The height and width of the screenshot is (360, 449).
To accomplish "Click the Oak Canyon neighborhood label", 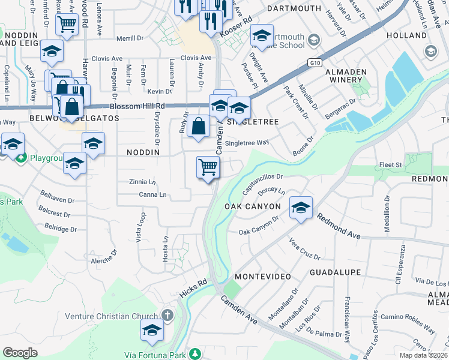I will coord(253,206).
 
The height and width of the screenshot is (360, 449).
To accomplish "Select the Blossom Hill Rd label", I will coord(130,106).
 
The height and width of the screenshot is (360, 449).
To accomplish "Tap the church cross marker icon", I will coord(167,315).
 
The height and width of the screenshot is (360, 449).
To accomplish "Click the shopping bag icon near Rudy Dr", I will coord(198,127).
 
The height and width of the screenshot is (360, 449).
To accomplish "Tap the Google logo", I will coord(20,353).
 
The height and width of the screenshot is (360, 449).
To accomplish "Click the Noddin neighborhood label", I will coord(143,152).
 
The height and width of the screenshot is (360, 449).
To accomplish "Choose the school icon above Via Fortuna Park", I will coord(152,330).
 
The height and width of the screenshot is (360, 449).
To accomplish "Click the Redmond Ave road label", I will coord(339,227).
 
